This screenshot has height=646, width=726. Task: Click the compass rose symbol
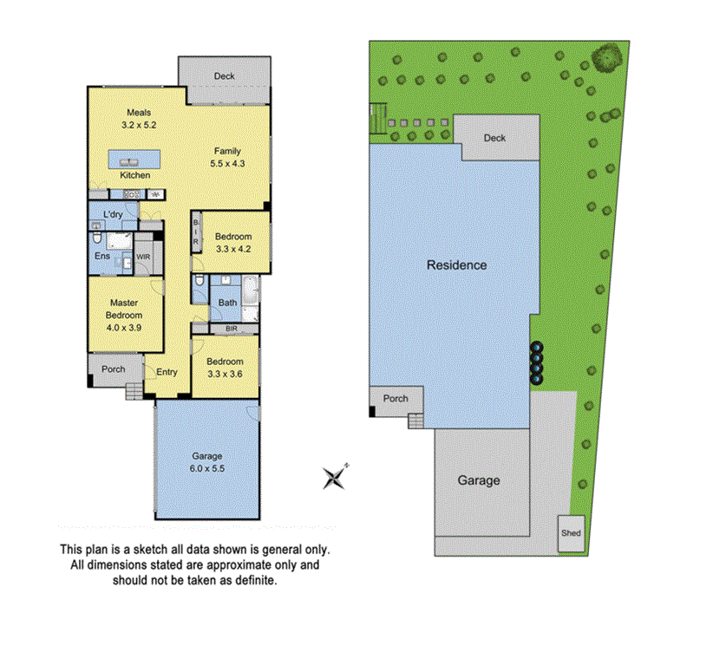pos(335,476)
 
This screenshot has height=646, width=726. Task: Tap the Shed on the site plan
pos(570,533)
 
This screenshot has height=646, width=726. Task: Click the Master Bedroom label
pos(124,310)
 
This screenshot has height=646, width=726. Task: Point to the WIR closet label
pos(143,258)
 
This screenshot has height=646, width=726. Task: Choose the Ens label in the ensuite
pos(102,257)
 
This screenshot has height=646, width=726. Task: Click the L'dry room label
pos(113,214)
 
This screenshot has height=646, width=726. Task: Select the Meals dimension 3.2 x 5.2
pos(140,125)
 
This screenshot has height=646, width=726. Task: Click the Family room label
pos(227,151)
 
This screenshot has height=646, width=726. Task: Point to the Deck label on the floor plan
pos(224,76)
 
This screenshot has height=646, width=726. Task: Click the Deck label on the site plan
pos(494,138)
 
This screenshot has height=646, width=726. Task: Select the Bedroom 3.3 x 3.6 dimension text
pos(226,374)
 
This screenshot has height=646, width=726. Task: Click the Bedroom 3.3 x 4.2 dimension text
pos(233,250)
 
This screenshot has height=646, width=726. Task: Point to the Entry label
pos(167,372)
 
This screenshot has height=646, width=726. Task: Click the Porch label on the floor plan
pos(113,369)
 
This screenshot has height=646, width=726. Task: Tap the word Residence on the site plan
pos(456,265)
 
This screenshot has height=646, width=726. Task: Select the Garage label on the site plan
pos(478,480)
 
